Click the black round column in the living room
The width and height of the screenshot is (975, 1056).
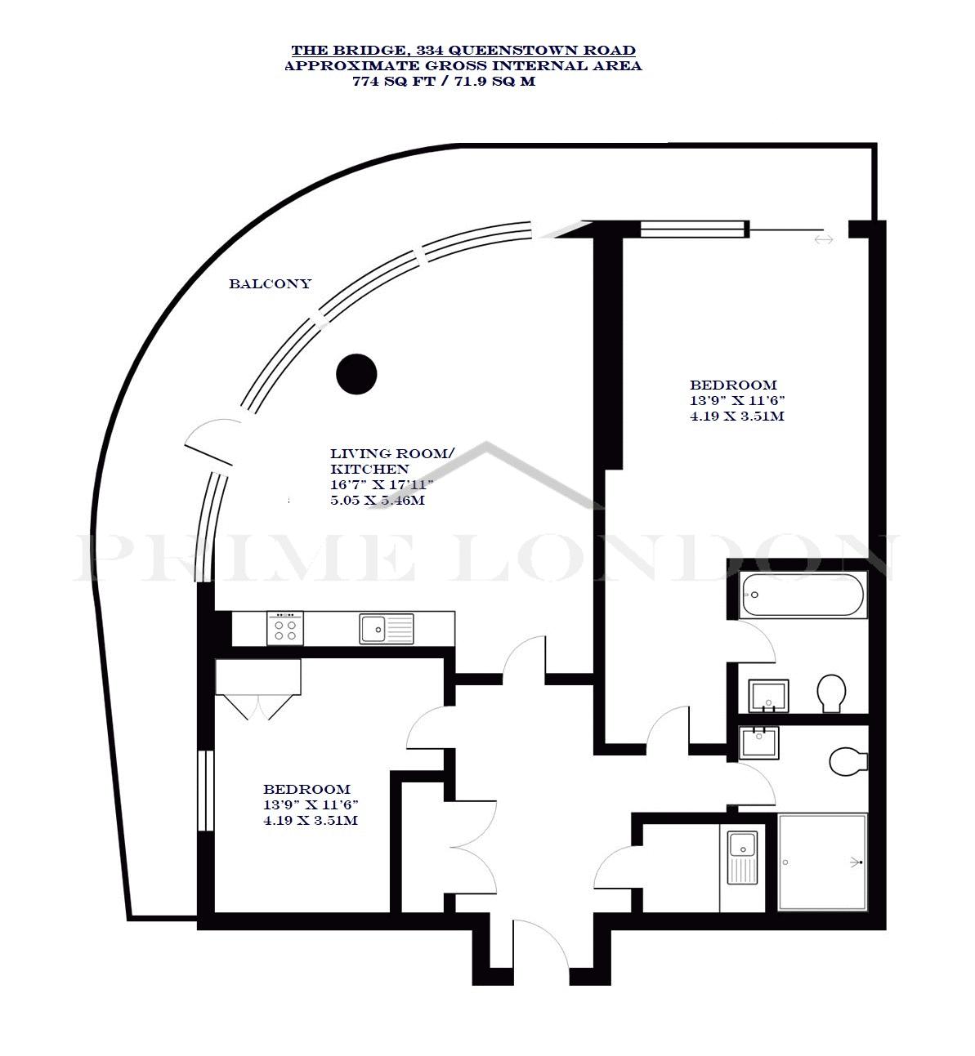356,374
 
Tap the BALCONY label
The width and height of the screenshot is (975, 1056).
270,284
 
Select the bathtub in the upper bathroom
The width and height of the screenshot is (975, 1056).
803,595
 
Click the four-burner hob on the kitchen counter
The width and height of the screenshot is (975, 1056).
285,629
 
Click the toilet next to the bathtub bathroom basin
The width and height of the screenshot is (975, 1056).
831,693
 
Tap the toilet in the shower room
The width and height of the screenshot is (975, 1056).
848,762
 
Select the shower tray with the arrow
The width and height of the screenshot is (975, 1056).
823,862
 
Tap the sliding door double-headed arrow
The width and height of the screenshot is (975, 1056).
823,240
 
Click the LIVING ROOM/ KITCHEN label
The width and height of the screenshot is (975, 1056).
392,461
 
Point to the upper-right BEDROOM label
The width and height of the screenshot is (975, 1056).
733,385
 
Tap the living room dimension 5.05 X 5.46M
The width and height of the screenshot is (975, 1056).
378,501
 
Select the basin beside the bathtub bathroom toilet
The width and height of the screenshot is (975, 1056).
768,696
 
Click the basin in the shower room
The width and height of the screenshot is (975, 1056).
759,743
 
